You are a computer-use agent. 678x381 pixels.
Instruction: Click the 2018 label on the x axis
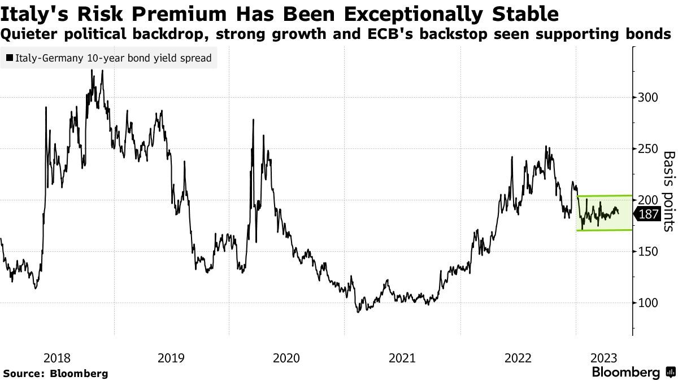point(57,357)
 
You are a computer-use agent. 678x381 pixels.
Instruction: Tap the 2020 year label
point(286,357)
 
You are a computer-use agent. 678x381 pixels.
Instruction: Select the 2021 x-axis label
point(402,357)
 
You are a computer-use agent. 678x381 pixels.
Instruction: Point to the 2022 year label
point(516,357)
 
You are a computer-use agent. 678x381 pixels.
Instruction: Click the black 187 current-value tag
point(647,214)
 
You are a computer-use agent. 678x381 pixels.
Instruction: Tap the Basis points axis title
point(668,191)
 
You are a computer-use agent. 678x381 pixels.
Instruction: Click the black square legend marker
point(9,58)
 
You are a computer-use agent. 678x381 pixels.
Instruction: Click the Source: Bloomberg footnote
point(55,373)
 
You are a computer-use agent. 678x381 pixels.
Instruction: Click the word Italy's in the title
point(34,13)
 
